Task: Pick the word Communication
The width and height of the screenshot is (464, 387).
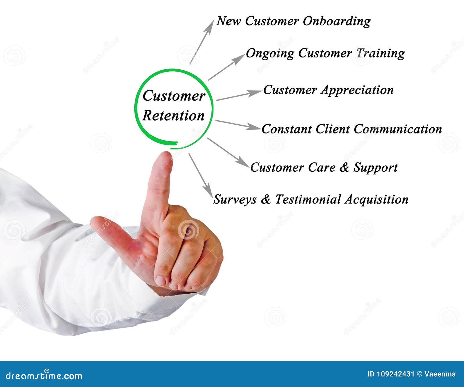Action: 398,129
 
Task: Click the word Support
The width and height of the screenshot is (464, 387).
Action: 376,168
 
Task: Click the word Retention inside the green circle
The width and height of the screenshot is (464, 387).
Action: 173,116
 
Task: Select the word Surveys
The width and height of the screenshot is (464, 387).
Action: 235,200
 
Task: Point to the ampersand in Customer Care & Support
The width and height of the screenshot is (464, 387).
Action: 344,168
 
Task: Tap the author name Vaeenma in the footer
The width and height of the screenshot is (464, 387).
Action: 440,374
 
